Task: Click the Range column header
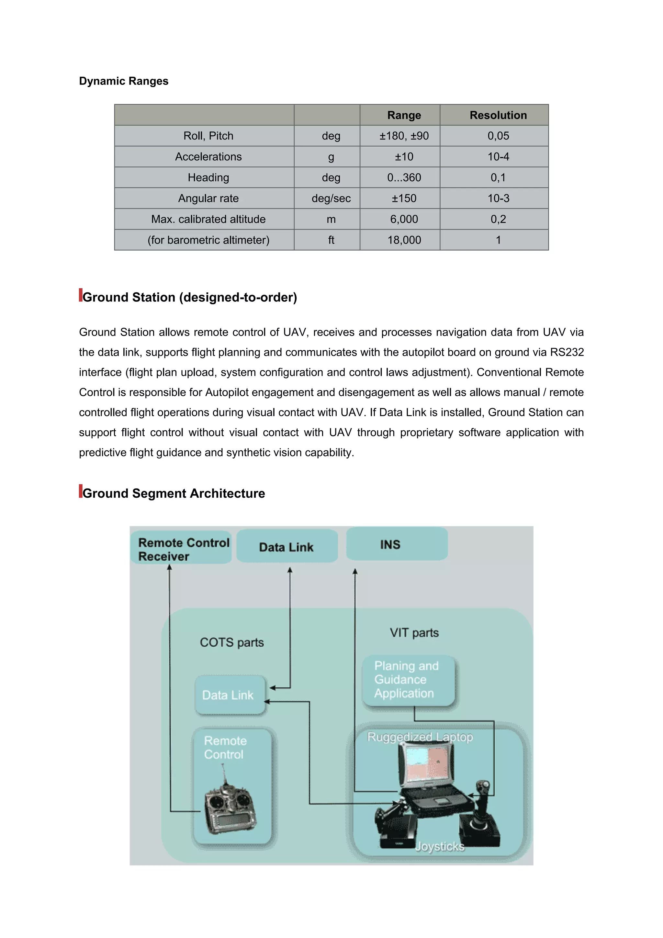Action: point(404,115)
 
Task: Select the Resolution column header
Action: point(498,115)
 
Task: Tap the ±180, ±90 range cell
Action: point(404,136)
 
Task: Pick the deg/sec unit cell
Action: point(331,198)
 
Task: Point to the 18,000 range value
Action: point(404,240)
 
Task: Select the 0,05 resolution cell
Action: point(498,136)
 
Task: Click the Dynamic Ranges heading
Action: point(123,81)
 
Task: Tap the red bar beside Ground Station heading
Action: point(81,295)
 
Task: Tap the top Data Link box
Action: point(287,547)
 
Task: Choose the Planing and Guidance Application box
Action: point(408,680)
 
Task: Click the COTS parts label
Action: point(231,643)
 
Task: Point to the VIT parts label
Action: point(414,633)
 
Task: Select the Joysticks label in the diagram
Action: point(440,846)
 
